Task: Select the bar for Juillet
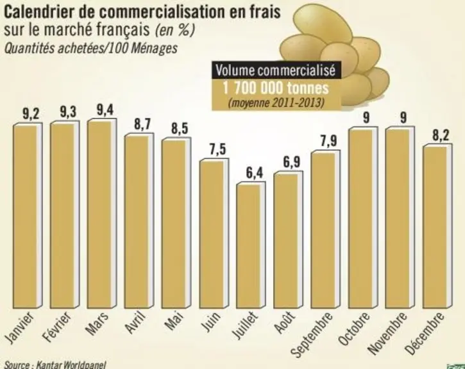251,245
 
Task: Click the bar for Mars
102,213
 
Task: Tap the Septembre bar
325,229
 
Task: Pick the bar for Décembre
437,226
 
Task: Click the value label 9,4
105,110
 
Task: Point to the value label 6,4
255,173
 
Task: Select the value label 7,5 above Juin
217,149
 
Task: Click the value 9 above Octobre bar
366,118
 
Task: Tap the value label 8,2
441,135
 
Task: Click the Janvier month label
20,328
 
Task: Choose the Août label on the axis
284,322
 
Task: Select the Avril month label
135,323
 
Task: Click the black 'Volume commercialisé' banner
276,70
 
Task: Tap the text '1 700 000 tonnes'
276,88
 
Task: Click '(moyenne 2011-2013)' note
276,102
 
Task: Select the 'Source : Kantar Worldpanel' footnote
55,365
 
